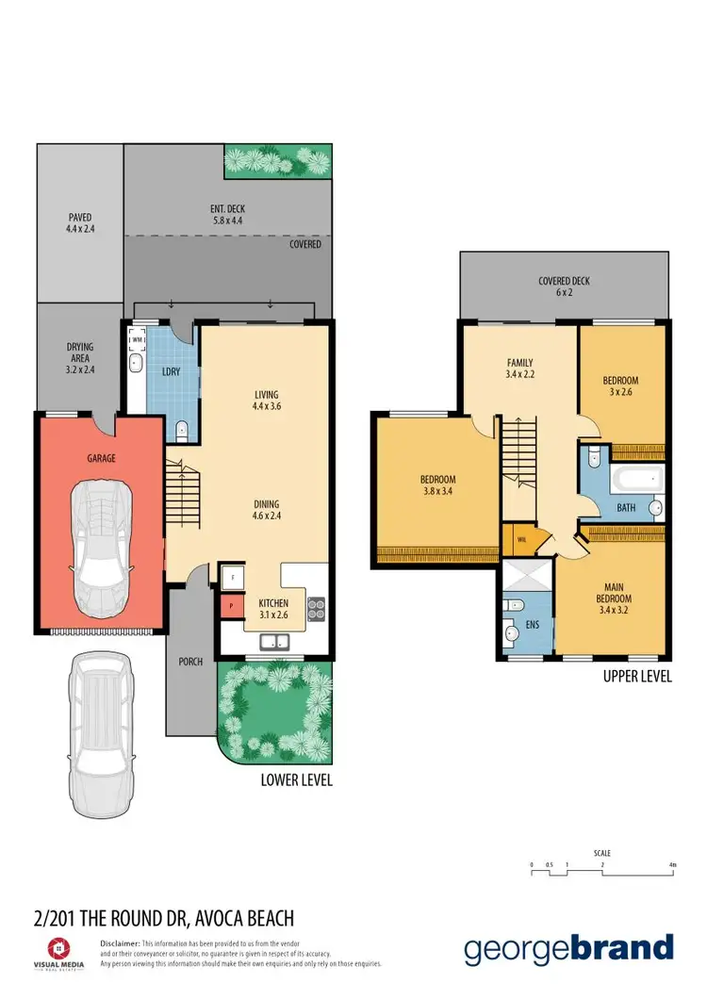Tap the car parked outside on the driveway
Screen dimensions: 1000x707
[100, 723]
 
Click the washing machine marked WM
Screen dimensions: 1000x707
[137, 340]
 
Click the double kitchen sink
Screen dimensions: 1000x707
[275, 642]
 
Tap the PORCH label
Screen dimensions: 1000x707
[190, 661]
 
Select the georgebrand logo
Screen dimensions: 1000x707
[569, 947]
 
